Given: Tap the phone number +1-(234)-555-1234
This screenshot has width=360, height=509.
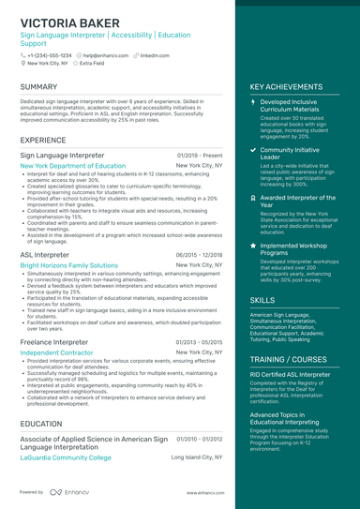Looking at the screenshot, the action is tap(48, 55).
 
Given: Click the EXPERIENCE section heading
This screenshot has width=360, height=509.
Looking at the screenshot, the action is tap(43, 140).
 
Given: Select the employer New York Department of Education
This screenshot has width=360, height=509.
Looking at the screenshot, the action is tap(72, 165).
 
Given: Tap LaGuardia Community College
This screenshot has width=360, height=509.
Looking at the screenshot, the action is tap(66, 457).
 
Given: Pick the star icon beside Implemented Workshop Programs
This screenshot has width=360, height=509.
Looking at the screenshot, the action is tap(254, 245).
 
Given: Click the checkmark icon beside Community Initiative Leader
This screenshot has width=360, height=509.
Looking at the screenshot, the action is tap(254, 149).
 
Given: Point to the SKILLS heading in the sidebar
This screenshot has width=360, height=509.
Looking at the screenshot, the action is tap(262, 300).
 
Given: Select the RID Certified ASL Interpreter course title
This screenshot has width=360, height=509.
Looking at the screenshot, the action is tap(292, 373).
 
